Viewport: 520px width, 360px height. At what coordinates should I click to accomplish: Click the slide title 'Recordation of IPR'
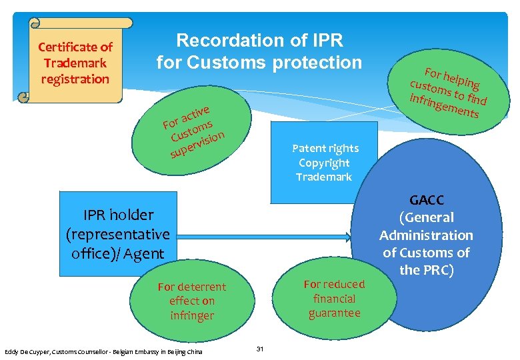pos(259,41)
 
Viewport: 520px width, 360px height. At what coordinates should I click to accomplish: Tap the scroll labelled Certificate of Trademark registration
pos(75,63)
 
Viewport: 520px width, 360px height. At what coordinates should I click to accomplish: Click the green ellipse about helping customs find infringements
pos(448,89)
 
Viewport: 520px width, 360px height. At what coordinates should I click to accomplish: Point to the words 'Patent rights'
pos(325,148)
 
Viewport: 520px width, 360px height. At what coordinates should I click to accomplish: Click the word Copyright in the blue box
pos(325,163)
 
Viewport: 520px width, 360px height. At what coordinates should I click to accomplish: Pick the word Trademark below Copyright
pos(325,177)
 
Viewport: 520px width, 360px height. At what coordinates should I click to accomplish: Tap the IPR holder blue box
pos(118,234)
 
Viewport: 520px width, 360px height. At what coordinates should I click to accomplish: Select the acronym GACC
pos(427,200)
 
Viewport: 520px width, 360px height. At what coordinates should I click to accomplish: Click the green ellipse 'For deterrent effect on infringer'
pos(191,301)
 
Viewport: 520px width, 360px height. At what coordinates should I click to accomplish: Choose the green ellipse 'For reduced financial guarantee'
pos(334,299)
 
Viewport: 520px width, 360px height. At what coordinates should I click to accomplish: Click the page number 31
pos(261,349)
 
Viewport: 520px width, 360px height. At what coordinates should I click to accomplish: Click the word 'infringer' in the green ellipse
pos(191,316)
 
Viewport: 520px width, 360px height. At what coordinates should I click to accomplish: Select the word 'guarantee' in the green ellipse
pos(334,313)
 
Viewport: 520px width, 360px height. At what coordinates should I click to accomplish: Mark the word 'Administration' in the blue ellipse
pos(426,235)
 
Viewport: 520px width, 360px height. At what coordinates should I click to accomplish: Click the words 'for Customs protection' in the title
pos(259,63)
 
